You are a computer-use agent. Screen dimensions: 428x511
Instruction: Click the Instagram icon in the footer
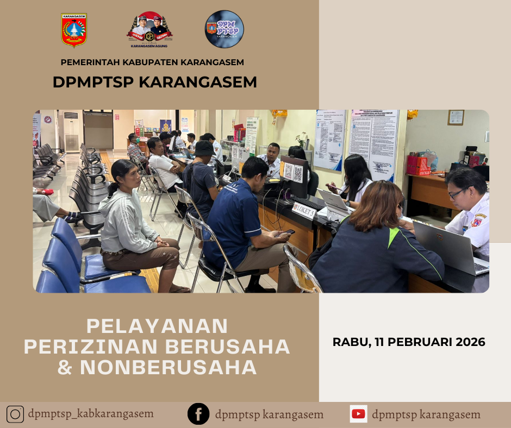coord(15,414)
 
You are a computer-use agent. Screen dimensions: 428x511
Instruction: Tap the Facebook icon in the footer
coord(198,414)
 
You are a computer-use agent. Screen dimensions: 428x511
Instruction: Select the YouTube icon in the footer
coord(358,414)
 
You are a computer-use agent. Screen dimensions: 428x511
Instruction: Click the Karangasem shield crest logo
coord(74,30)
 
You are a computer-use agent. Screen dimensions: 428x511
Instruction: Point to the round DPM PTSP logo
coord(225,29)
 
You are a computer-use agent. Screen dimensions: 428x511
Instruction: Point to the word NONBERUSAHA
coord(168,368)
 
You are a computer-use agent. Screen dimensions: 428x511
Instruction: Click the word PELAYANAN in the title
coord(157,326)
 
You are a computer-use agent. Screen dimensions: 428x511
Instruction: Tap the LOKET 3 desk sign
coord(304,209)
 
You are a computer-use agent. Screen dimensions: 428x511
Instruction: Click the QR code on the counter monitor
coord(298,173)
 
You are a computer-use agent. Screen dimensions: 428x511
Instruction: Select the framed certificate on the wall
coord(456,117)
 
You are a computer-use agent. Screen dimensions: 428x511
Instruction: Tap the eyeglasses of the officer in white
coord(457,193)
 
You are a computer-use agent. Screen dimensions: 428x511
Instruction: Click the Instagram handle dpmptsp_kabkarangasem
coord(91,414)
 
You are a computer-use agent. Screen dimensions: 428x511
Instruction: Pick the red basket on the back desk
coord(418,165)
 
